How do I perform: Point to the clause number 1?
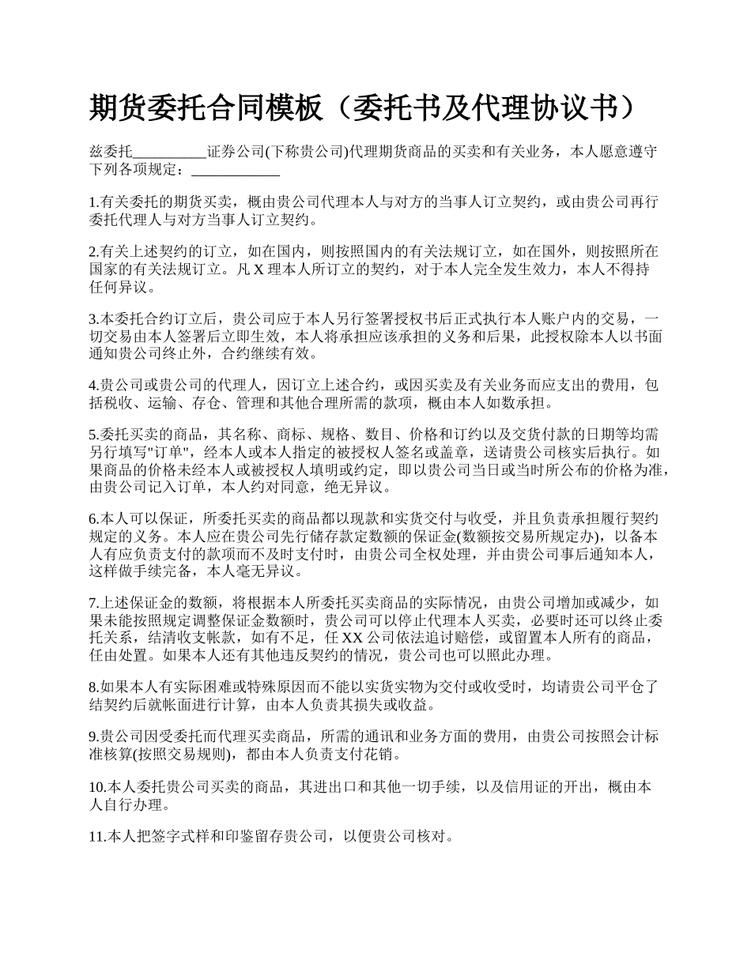coord(92,202)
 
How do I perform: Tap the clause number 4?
coord(92,386)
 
